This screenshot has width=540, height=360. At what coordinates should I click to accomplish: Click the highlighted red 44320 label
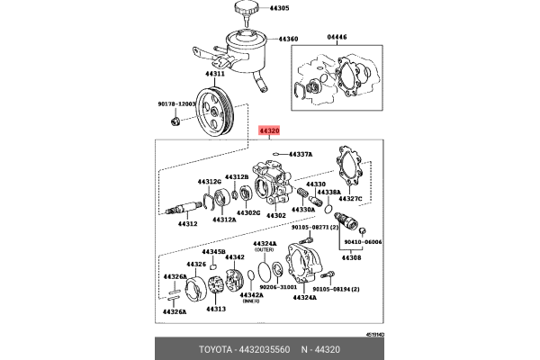click(270, 130)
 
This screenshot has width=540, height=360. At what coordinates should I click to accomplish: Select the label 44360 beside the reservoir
click(288, 40)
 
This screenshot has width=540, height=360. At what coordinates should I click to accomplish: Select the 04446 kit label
click(336, 38)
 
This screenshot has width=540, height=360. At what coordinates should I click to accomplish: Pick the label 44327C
click(349, 198)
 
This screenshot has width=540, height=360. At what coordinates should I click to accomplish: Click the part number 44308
click(350, 257)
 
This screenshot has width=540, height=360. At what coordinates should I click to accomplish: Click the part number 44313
click(215, 309)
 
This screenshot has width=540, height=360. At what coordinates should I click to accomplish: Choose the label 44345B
click(212, 252)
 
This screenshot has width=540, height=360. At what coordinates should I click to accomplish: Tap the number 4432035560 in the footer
click(264, 346)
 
